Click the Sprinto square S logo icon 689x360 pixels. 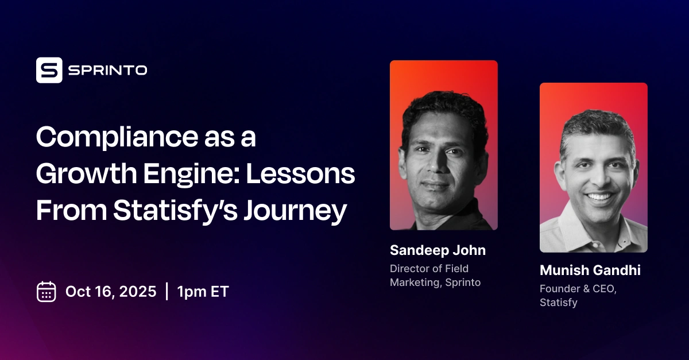(x=49, y=70)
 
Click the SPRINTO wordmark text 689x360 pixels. (x=107, y=71)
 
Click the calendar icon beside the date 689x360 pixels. (x=46, y=292)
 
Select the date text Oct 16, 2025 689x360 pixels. (x=111, y=292)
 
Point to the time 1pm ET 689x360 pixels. (x=203, y=292)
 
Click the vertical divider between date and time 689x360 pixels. (x=167, y=292)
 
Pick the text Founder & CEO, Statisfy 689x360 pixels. (x=578, y=296)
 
